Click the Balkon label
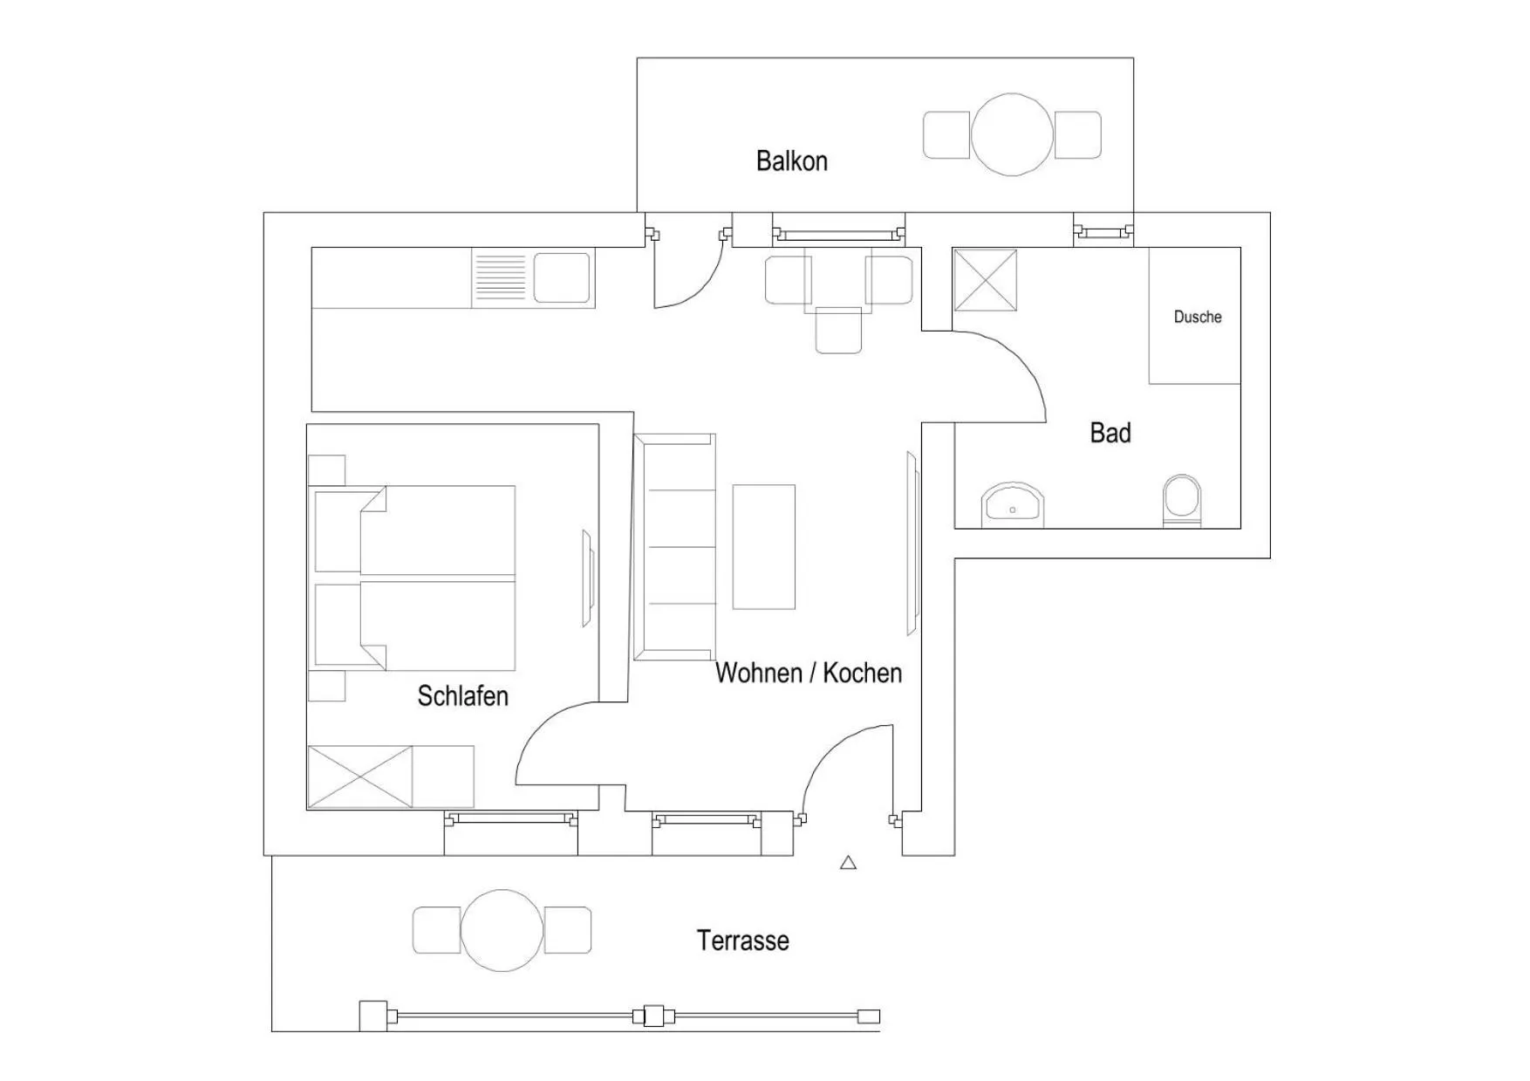[791, 161]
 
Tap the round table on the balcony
[1012, 135]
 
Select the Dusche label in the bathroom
[1197, 317]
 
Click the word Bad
[1110, 433]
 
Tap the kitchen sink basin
[561, 277]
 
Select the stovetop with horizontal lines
[499, 277]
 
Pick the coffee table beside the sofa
[763, 546]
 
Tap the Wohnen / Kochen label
[808, 673]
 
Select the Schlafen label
[462, 695]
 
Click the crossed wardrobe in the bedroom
[359, 777]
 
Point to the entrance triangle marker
[848, 863]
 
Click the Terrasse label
[742, 941]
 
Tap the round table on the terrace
[502, 930]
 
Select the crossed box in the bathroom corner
[985, 280]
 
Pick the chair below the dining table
[838, 331]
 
